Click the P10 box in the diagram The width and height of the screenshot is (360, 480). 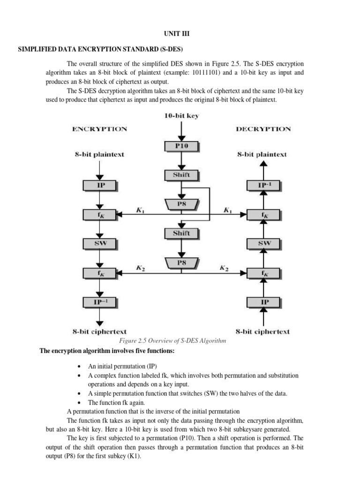(181, 146)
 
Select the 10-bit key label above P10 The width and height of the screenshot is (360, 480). (181, 116)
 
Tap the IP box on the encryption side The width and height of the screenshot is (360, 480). (100, 186)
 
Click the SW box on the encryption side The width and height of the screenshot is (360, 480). (100, 243)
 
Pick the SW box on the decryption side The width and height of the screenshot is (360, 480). (264, 243)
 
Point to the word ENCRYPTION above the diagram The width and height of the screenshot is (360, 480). (99, 129)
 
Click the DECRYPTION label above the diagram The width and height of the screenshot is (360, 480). (263, 129)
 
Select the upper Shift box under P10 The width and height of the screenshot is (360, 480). (181, 175)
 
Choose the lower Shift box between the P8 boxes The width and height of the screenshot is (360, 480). (181, 233)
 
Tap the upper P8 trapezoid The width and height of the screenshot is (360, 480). (181, 204)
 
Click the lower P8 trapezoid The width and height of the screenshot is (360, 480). (181, 263)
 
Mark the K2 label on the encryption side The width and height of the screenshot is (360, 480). (140, 268)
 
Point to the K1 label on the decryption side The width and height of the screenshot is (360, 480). (228, 210)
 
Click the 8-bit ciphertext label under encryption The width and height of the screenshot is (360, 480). (99, 332)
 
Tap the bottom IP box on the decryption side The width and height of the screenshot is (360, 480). (264, 301)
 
